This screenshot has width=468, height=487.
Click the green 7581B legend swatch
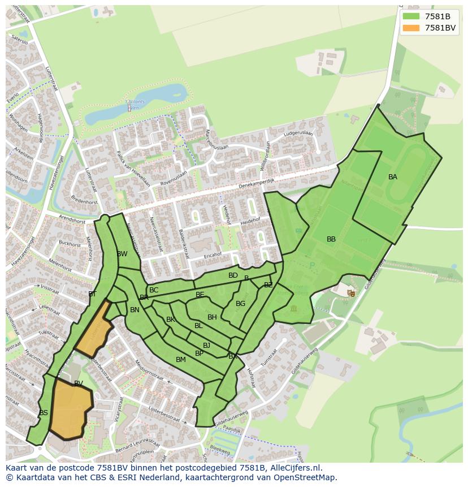pos(411,16)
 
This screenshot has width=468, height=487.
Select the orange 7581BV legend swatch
pos(411,28)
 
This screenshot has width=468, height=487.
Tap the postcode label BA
pos(393,177)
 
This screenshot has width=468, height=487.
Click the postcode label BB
pos(331,239)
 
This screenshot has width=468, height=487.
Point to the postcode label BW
pos(122,254)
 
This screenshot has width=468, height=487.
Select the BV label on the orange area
pos(79,383)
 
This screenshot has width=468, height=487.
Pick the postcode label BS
pos(44,413)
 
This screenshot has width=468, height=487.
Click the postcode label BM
pos(181,360)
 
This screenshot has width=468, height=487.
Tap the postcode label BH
pos(212,317)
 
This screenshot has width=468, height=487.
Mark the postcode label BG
pos(241,304)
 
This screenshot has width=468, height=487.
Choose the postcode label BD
pos(233,275)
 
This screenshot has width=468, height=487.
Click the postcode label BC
pos(154,290)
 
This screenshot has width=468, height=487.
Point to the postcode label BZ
pos(268,285)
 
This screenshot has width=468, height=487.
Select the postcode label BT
pos(92,294)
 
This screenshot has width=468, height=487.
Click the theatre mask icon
pos(352,293)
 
